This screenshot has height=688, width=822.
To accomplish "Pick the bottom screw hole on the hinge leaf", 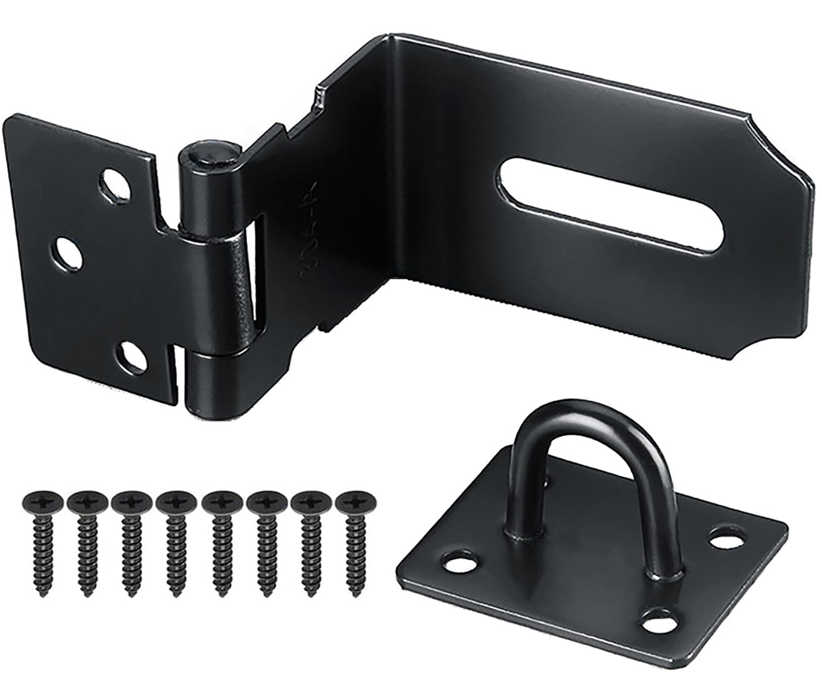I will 133,355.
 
